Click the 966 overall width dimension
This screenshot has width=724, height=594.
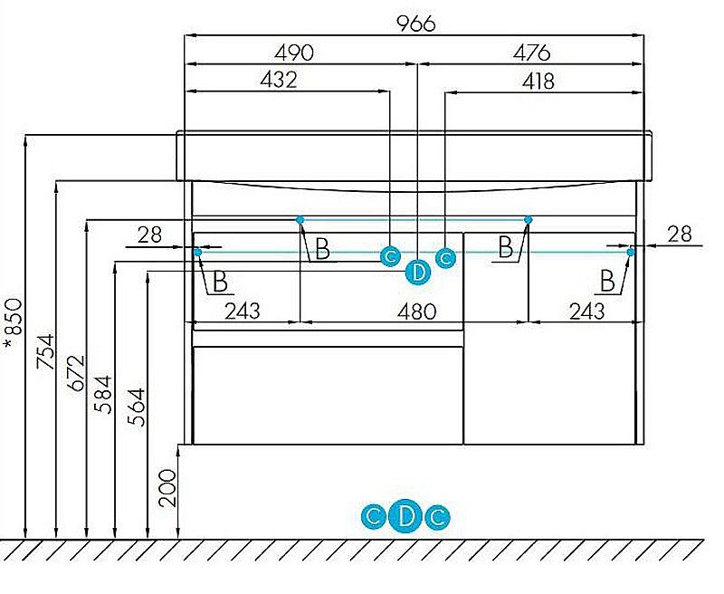[416, 24]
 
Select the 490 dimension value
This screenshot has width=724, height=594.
[294, 53]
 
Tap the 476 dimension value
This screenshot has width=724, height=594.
[531, 53]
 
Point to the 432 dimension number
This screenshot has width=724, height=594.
[279, 80]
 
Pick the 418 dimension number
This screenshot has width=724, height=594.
[538, 81]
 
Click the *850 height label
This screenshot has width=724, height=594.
[14, 323]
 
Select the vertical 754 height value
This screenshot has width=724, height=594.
[46, 351]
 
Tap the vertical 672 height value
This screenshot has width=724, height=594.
[77, 373]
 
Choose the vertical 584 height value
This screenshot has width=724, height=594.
[103, 395]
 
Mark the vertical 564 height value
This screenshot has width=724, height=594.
[137, 407]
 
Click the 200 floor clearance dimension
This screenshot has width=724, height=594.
[167, 488]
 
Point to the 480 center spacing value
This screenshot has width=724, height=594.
[417, 311]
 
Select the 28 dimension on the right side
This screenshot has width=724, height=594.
[680, 235]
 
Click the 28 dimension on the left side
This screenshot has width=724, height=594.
[149, 235]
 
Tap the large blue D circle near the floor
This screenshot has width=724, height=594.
[405, 516]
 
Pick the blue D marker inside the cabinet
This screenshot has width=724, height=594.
[418, 273]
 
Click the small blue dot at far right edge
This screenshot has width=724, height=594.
[631, 252]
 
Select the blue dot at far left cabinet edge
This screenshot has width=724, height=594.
[197, 253]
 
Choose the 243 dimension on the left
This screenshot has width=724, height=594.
[243, 311]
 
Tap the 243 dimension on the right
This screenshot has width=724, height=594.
[586, 311]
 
